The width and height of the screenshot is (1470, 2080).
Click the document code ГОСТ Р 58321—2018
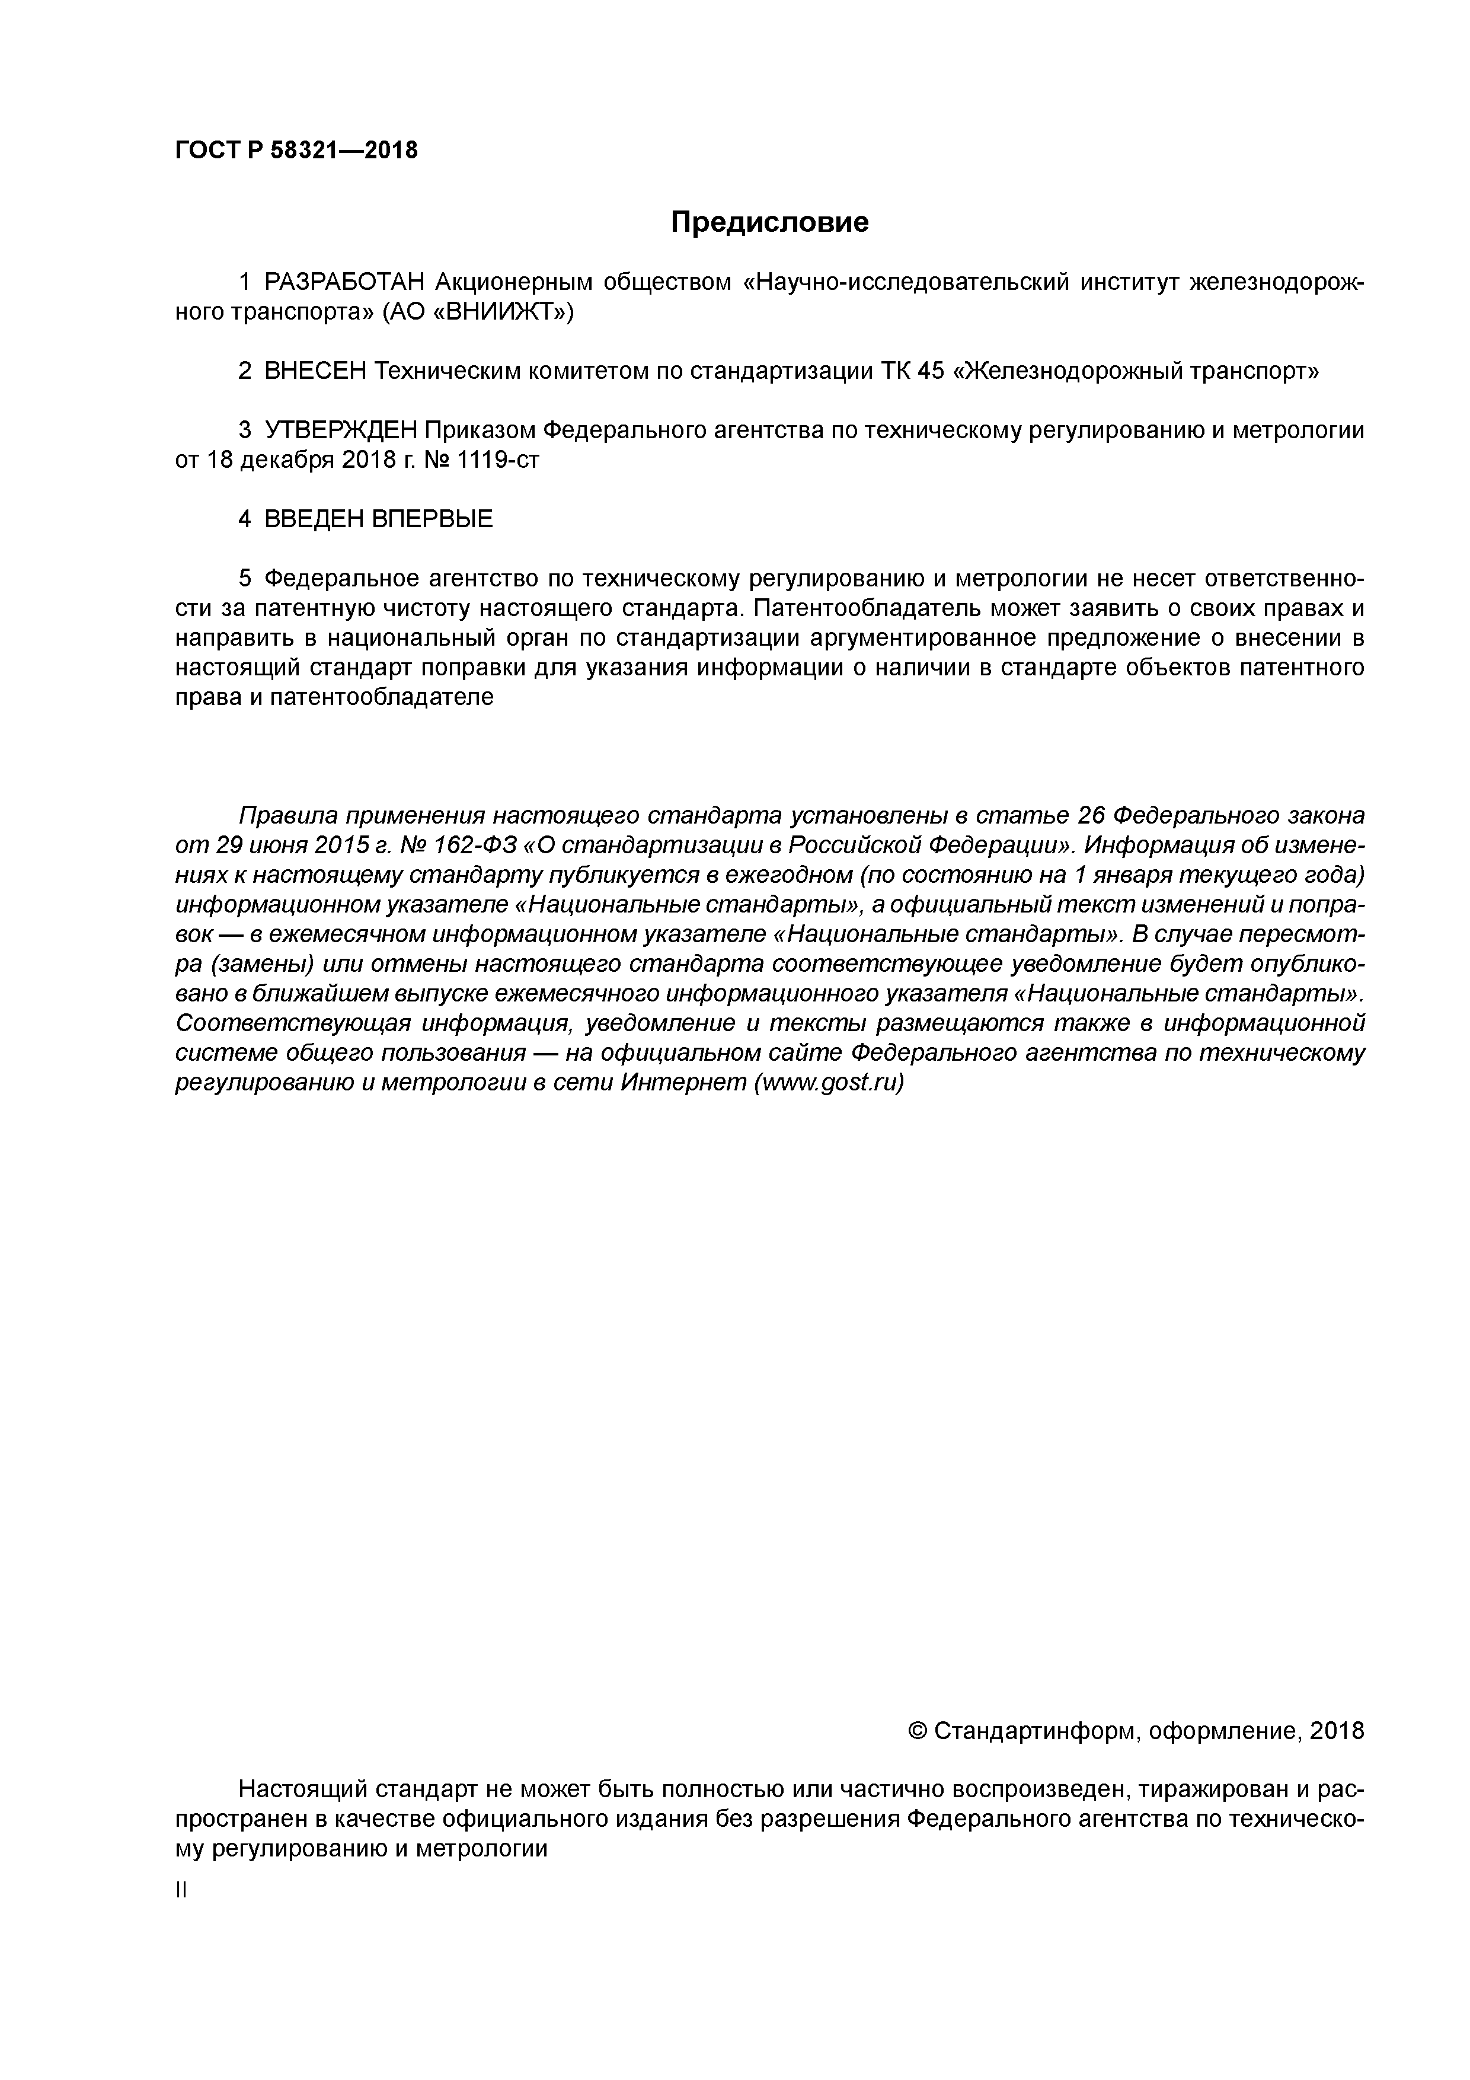click(296, 151)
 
